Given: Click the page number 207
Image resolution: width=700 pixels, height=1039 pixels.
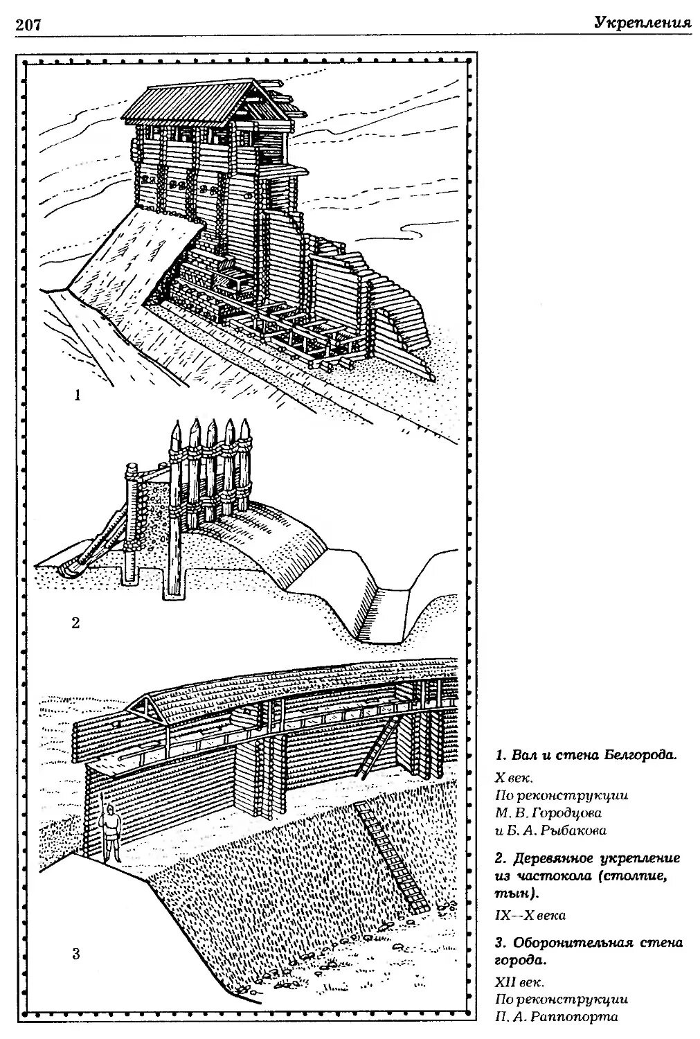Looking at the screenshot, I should pyautogui.click(x=28, y=26).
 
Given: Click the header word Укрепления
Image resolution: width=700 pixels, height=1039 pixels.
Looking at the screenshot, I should pyautogui.click(x=642, y=24).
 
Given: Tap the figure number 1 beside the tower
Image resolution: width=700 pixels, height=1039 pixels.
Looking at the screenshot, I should pyautogui.click(x=78, y=396).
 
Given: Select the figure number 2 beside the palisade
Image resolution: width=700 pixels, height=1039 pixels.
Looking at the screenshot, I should pyautogui.click(x=75, y=623).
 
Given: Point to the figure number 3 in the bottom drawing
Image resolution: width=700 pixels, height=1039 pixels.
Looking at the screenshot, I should pyautogui.click(x=75, y=954).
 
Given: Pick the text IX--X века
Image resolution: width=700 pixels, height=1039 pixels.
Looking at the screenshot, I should pyautogui.click(x=530, y=915).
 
